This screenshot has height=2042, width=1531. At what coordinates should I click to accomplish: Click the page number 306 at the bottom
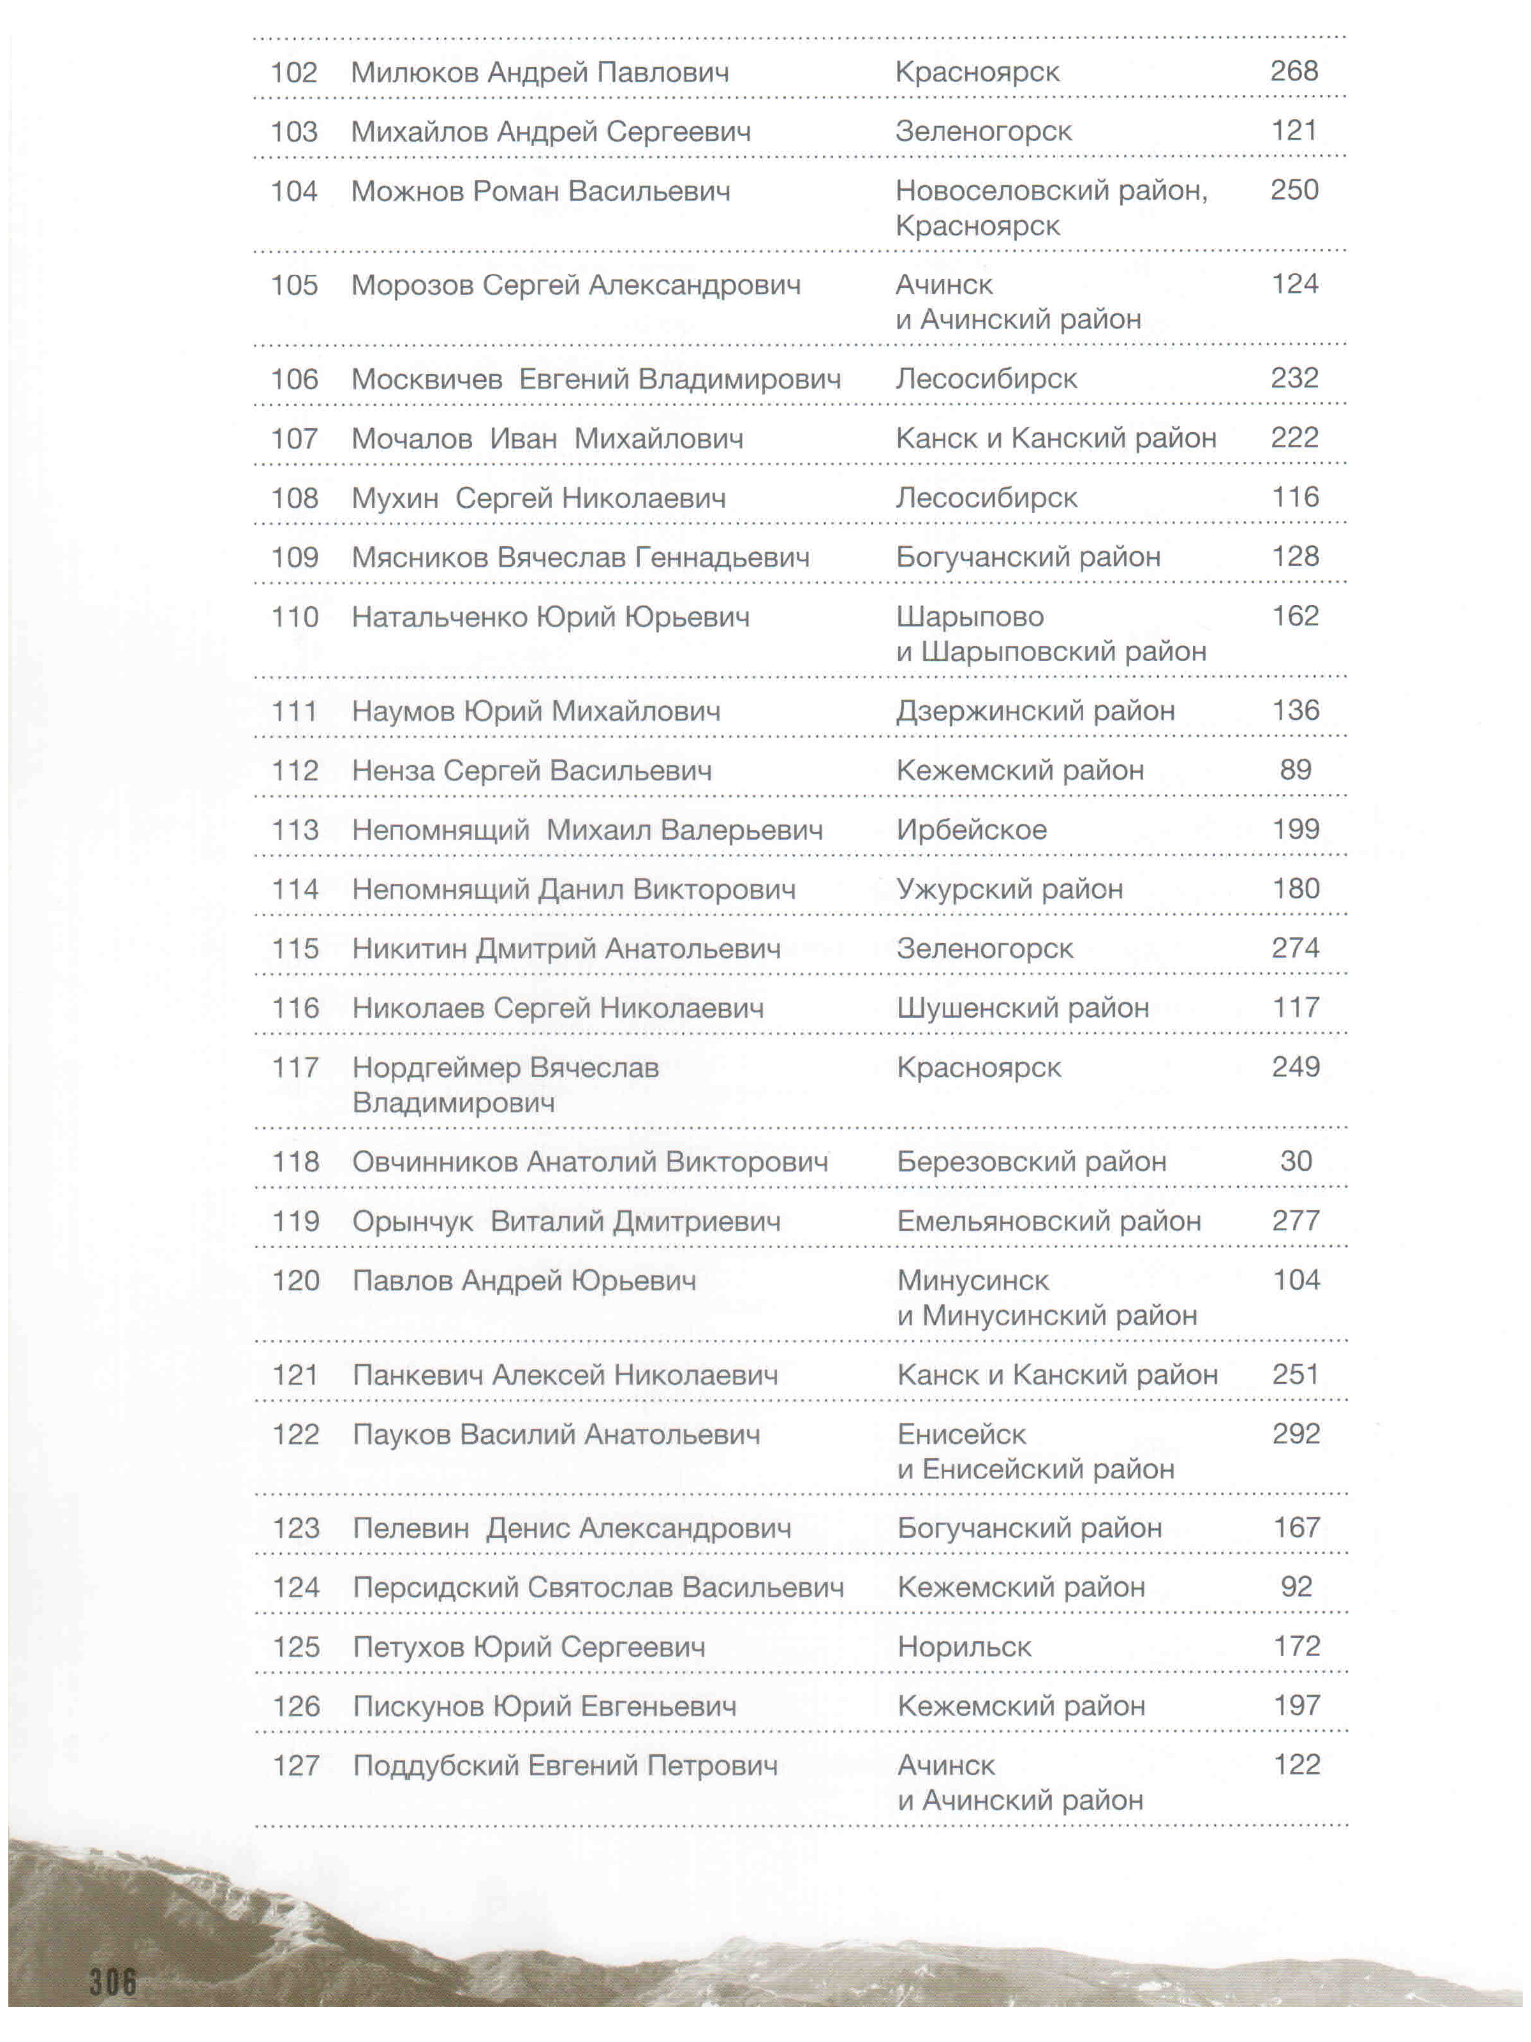(112, 1981)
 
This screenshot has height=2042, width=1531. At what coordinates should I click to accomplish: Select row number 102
(293, 72)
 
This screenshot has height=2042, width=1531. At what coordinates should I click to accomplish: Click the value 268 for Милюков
(1293, 71)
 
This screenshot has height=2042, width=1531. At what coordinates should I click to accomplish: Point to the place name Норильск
(965, 1647)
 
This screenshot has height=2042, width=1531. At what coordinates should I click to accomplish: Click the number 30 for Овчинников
(1296, 1161)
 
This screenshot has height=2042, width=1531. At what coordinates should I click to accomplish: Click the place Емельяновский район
(1048, 1221)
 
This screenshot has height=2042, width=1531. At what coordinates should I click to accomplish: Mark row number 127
(295, 1766)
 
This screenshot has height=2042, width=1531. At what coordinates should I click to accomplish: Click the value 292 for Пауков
(1296, 1434)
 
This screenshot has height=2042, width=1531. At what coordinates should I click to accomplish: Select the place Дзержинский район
(1035, 711)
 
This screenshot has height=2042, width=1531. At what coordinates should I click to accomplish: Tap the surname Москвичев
(426, 380)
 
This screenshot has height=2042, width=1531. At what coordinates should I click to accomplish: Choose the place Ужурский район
(1010, 889)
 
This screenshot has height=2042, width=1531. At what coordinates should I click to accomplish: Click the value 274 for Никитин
(1296, 948)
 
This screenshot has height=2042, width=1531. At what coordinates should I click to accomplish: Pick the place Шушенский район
(1023, 1008)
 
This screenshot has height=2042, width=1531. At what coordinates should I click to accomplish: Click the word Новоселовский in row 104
(1002, 191)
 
